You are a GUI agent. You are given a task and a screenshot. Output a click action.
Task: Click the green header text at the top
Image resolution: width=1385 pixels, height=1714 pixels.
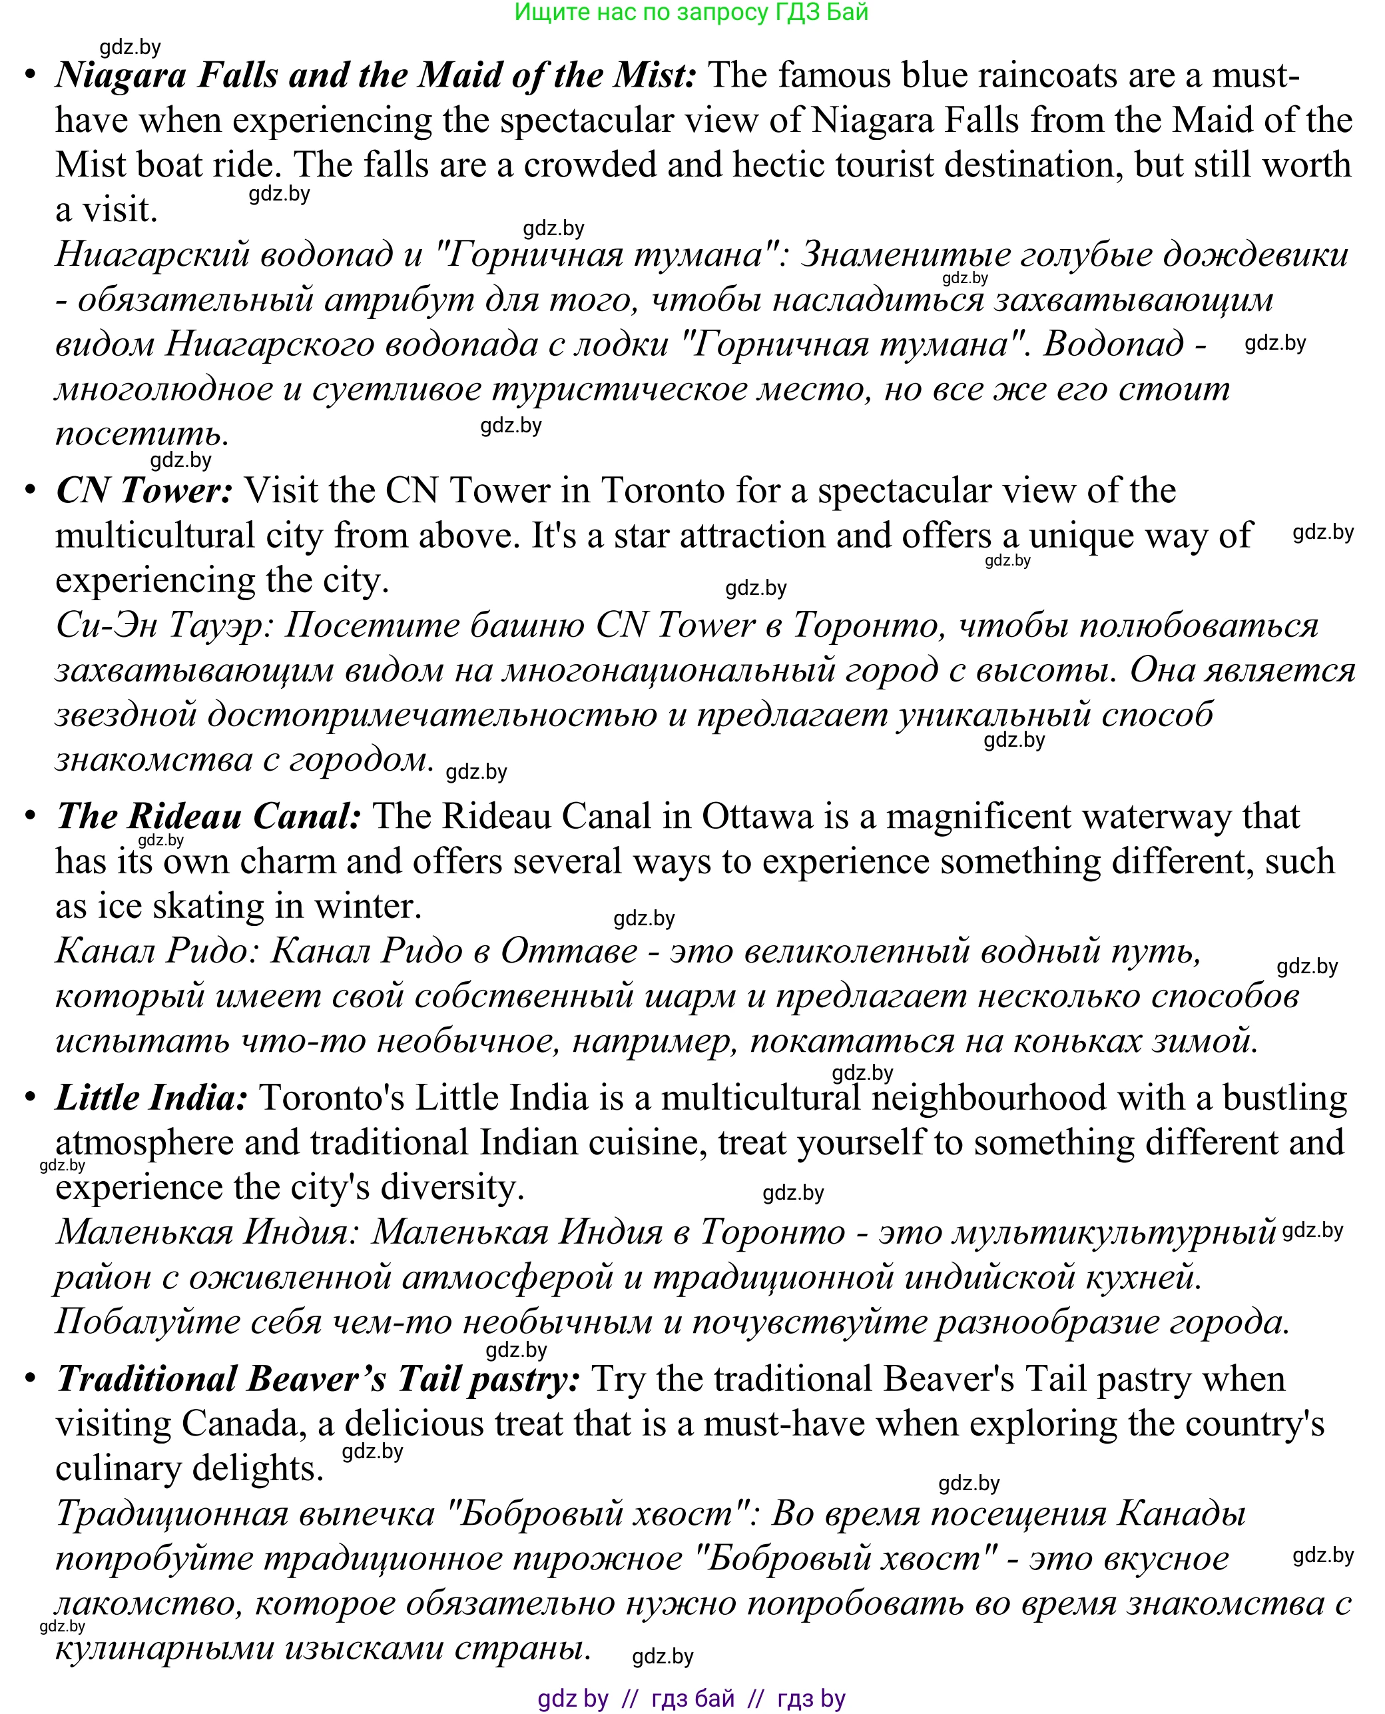[691, 13]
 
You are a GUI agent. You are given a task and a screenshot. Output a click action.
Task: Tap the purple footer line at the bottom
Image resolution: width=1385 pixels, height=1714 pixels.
[691, 1698]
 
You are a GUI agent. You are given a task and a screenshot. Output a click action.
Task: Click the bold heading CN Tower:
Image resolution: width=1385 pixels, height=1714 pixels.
[144, 491]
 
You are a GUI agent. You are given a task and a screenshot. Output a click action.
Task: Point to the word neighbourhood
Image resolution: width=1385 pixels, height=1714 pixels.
[987, 1098]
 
